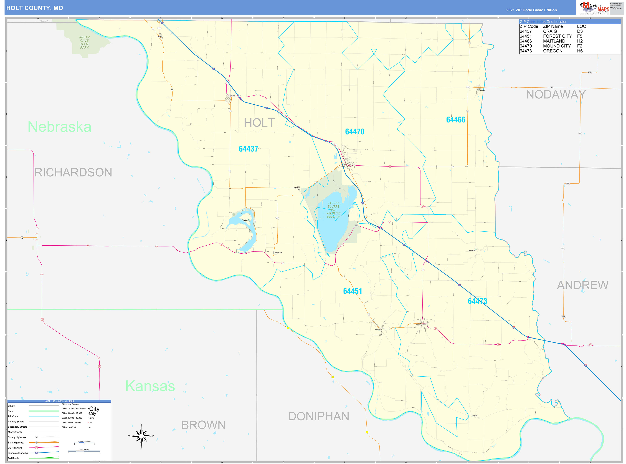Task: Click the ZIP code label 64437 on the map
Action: click(x=248, y=149)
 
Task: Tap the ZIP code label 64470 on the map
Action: click(x=354, y=132)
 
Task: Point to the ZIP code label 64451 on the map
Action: click(x=352, y=291)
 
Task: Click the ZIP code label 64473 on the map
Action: click(x=477, y=301)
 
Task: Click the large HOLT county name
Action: click(x=259, y=123)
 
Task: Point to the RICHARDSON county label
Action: click(x=73, y=172)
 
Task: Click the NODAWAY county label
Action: click(x=556, y=95)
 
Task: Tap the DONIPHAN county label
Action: click(x=319, y=416)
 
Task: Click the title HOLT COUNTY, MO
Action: click(x=35, y=8)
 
